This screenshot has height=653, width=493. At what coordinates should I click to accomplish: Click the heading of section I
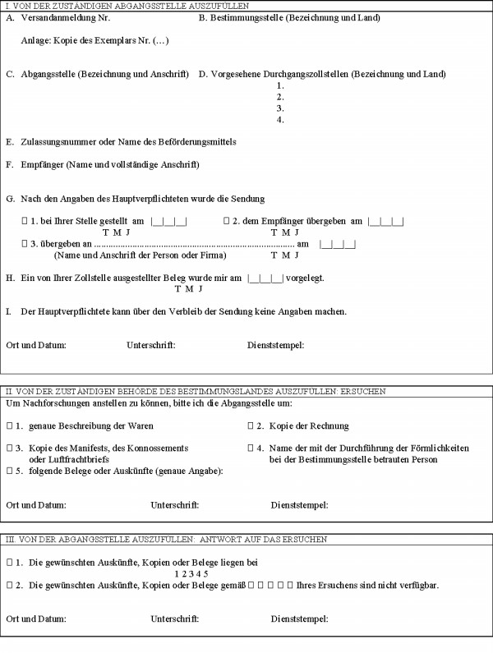[x=127, y=6]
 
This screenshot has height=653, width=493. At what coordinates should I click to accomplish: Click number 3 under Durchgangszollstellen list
[x=281, y=108]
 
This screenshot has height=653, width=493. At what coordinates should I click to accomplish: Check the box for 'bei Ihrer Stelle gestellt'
[x=25, y=221]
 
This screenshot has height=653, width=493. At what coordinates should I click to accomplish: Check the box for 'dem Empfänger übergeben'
[x=227, y=221]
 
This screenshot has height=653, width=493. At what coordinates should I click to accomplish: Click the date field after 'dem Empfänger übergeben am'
[x=386, y=222]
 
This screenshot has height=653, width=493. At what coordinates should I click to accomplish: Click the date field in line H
[x=265, y=278]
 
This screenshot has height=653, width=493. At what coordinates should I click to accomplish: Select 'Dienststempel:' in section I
[x=275, y=345]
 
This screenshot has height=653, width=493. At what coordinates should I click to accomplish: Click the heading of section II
[x=196, y=392]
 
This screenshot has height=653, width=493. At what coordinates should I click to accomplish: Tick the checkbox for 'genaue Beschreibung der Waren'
[x=9, y=425]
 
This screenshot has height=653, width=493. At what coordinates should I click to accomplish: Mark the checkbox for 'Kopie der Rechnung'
[x=251, y=425]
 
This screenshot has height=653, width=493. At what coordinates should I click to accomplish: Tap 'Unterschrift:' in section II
[x=174, y=504]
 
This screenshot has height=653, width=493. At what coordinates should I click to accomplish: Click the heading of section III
[x=167, y=540]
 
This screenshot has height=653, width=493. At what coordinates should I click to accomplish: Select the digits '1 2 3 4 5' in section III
[x=191, y=573]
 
